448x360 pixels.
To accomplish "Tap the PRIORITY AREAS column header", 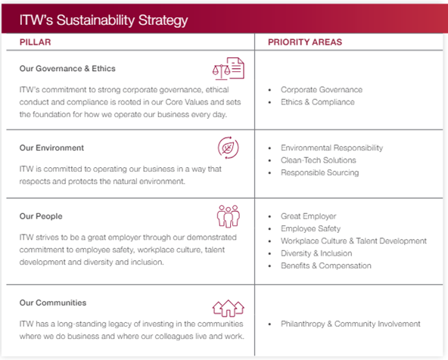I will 304,42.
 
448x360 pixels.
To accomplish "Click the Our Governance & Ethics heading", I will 67,68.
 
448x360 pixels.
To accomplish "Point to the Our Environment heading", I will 51,148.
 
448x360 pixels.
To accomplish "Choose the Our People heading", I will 41,216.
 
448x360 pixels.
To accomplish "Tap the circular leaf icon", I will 228,147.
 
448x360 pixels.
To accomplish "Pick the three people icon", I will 228,216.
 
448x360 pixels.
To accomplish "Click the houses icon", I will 228,307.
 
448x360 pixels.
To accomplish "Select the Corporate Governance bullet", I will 321,90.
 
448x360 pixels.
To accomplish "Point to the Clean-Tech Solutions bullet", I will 318,160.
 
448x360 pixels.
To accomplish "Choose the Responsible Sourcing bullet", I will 319,172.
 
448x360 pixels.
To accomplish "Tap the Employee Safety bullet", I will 310,228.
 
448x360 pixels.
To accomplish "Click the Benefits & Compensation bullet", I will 326,265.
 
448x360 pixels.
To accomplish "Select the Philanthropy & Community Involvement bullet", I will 350,324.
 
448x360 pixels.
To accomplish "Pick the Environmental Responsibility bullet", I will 331,148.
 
